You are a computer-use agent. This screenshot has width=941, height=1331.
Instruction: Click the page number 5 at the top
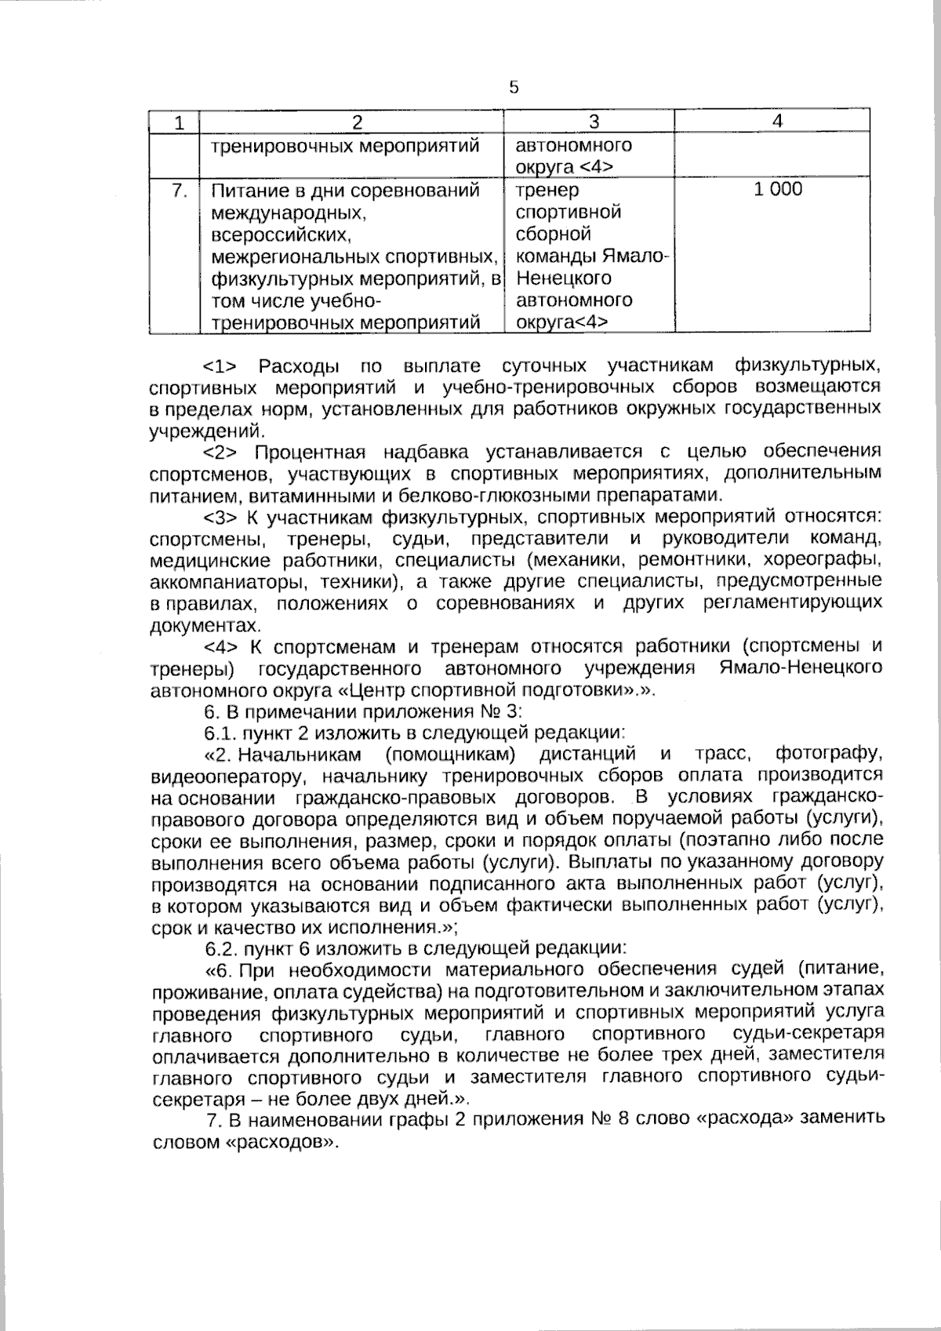pyautogui.click(x=514, y=88)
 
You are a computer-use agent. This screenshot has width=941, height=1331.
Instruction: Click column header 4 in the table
pyautogui.click(x=776, y=121)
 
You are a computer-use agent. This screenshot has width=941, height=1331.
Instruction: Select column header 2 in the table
pyautogui.click(x=358, y=122)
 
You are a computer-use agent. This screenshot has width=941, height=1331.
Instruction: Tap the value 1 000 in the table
pyautogui.click(x=778, y=189)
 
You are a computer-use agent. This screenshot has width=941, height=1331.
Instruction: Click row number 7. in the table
pyautogui.click(x=179, y=190)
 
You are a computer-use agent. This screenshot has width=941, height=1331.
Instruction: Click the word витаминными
pyautogui.click(x=312, y=496)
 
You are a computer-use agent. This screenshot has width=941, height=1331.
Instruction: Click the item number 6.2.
pyautogui.click(x=219, y=947)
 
